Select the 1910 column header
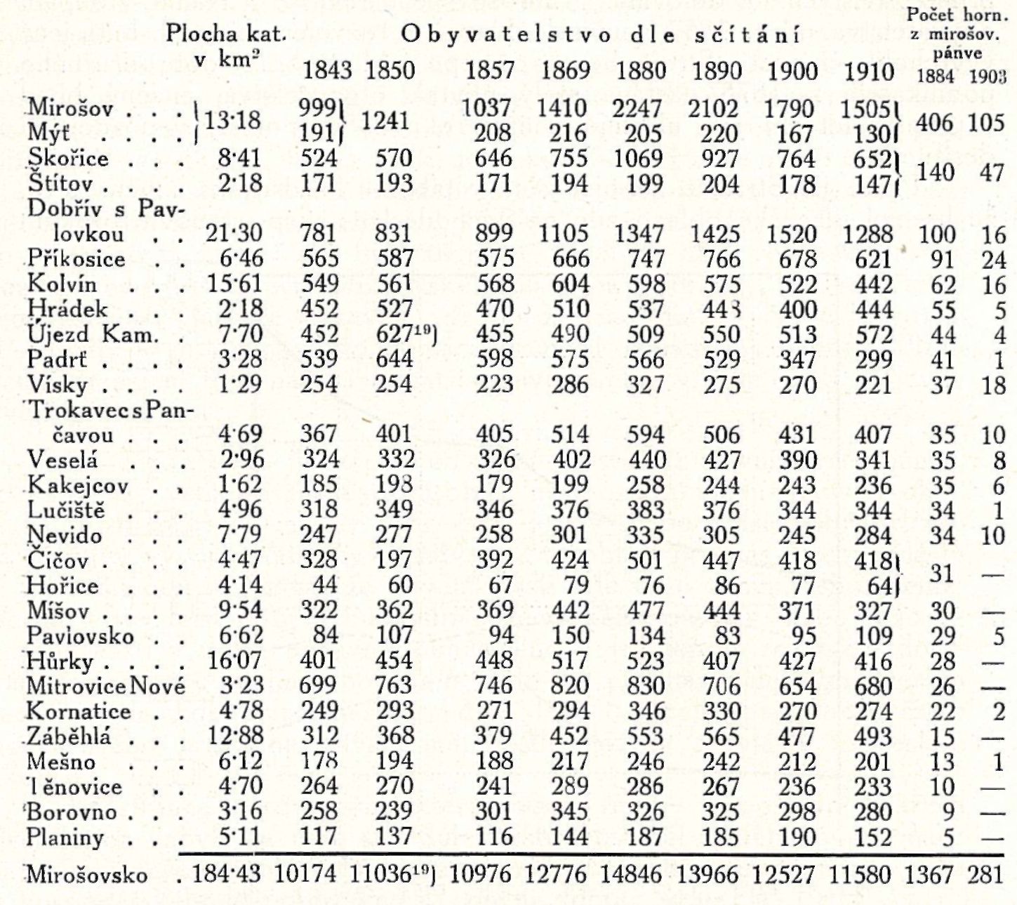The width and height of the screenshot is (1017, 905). [869, 71]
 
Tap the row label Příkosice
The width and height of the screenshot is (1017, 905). [77, 259]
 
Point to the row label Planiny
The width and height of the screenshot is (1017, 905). [65, 838]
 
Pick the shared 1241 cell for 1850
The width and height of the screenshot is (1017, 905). [385, 121]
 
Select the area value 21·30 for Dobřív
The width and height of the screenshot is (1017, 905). [234, 234]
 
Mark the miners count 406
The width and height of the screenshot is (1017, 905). [935, 123]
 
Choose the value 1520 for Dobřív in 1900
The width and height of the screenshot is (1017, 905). [792, 234]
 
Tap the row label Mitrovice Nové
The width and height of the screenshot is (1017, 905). [106, 686]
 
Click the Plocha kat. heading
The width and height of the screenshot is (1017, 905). [226, 34]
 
